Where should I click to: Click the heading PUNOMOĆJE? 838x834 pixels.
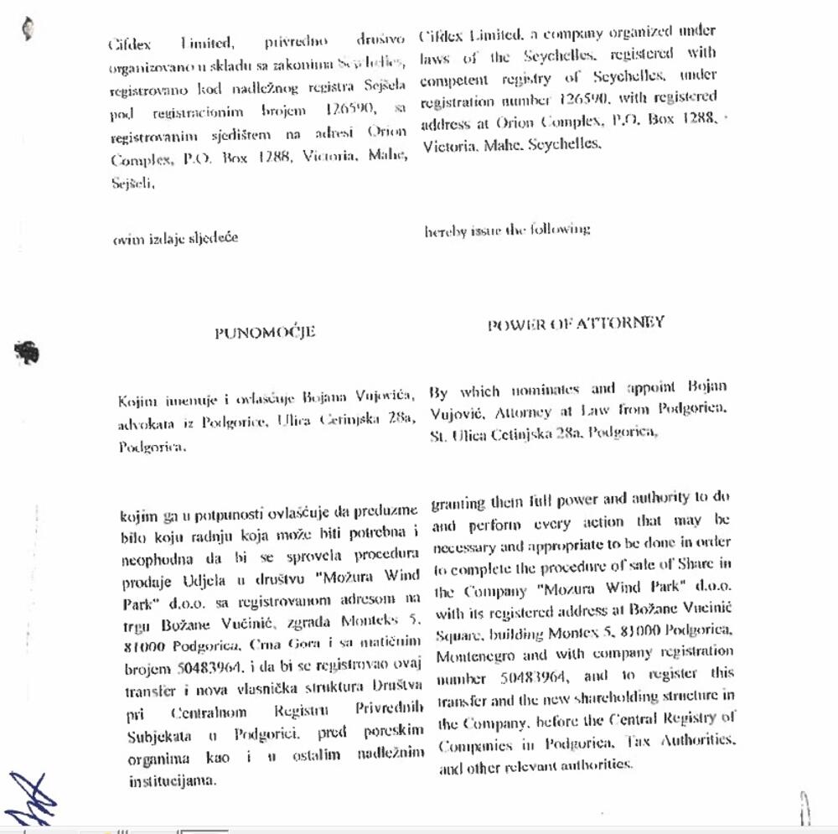[x=265, y=332]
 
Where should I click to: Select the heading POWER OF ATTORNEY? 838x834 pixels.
[x=576, y=324]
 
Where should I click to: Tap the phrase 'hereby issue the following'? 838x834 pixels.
[x=507, y=229]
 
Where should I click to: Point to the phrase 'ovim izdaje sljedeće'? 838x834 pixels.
[x=175, y=237]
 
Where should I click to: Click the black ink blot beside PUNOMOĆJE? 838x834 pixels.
[x=28, y=353]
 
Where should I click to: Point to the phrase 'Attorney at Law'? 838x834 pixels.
[x=551, y=412]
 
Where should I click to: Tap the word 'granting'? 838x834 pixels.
[x=458, y=504]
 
